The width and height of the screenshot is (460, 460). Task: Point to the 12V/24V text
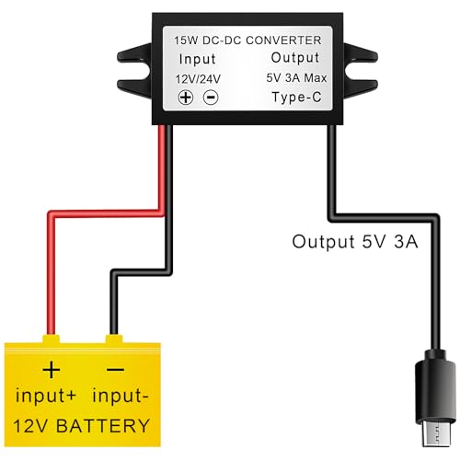[x=197, y=79]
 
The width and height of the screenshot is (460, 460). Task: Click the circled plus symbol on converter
[x=186, y=98]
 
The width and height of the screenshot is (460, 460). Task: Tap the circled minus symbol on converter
[x=210, y=98]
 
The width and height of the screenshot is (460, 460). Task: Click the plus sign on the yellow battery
[x=52, y=371]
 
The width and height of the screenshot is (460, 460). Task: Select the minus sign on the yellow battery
[x=115, y=371]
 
